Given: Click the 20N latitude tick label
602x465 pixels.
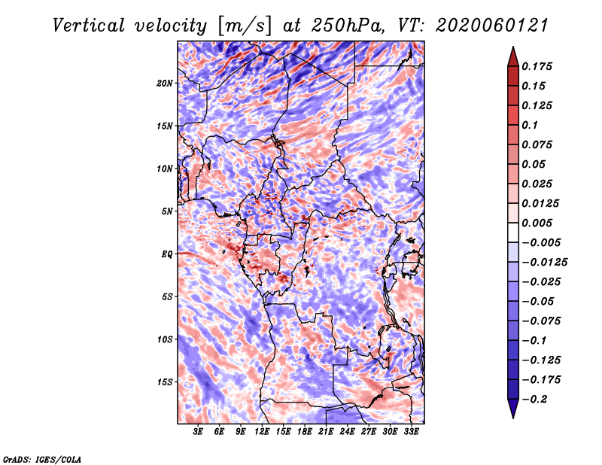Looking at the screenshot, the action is [165, 84].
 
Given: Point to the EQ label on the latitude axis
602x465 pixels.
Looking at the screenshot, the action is [167, 254].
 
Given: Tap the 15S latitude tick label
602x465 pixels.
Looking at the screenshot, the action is [165, 382].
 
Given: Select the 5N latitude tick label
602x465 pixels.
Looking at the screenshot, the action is [167, 211].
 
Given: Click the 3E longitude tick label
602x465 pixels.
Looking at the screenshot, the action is [198, 431].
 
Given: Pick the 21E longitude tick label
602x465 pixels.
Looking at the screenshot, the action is [326, 431].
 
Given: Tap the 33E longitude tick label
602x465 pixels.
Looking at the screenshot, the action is [411, 431].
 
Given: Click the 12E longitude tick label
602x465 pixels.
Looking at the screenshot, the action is [261, 431].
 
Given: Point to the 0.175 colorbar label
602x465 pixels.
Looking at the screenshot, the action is [537, 66].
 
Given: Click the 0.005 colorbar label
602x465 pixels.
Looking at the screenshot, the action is [537, 223].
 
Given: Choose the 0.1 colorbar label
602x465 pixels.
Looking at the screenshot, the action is [530, 125].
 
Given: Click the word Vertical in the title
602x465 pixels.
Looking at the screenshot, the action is [89, 26].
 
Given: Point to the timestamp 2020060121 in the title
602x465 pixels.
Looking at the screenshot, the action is [492, 26].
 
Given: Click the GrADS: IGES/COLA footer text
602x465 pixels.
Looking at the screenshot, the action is [42, 460].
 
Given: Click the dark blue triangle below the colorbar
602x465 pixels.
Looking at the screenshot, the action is [513, 408].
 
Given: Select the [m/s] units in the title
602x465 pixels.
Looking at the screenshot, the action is [245, 26].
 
